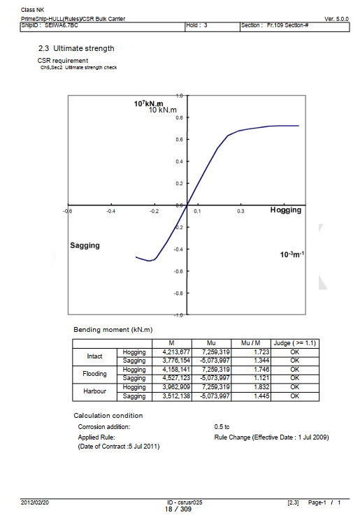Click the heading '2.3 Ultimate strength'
click(76, 48)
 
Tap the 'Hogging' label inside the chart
click(285, 210)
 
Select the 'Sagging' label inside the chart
click(85, 245)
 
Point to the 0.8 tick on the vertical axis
click(179, 117)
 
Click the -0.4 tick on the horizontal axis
click(110, 211)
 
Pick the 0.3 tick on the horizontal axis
click(240, 211)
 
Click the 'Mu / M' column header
click(251, 343)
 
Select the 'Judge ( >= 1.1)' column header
click(294, 343)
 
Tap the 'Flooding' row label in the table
click(94, 374)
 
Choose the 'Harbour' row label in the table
click(94, 391)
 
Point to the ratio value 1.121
click(261, 378)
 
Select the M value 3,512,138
click(176, 396)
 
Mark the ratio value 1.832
click(261, 387)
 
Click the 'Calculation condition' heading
click(108, 416)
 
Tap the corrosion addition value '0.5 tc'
click(222, 427)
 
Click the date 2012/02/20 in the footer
click(35, 502)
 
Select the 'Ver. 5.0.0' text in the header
click(336, 19)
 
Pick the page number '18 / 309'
click(178, 509)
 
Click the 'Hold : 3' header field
click(196, 25)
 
